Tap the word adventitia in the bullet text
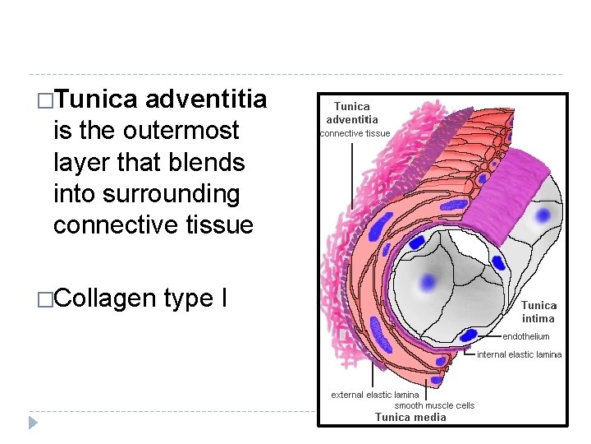click(206, 99)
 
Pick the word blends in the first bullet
click(211, 162)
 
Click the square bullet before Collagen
click(44, 299)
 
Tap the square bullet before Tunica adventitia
click(44, 101)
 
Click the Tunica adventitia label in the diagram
click(352, 113)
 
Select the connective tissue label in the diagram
click(355, 133)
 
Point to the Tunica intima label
click(538, 312)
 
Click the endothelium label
click(526, 336)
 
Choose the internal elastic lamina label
click(520, 354)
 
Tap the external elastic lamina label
click(374, 395)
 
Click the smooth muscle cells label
click(434, 405)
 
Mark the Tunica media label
click(410, 417)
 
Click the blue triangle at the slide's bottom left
click(33, 423)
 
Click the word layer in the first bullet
click(82, 162)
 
